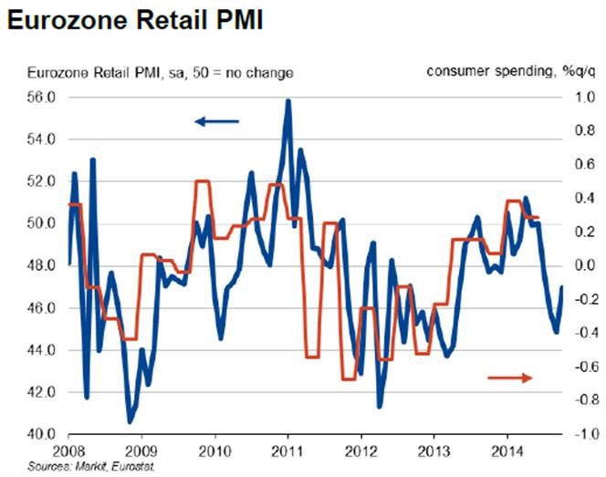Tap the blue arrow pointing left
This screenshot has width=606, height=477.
point(216,120)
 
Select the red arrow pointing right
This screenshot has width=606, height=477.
point(509,376)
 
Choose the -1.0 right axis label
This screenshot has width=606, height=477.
point(582,435)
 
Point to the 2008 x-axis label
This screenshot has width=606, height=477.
point(70,451)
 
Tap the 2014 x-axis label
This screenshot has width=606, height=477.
point(506,451)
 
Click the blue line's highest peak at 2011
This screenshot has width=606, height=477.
point(288,101)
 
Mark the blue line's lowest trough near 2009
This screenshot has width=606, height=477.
point(130,421)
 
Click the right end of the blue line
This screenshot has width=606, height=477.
point(561,287)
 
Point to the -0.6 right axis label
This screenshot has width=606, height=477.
point(582,367)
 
